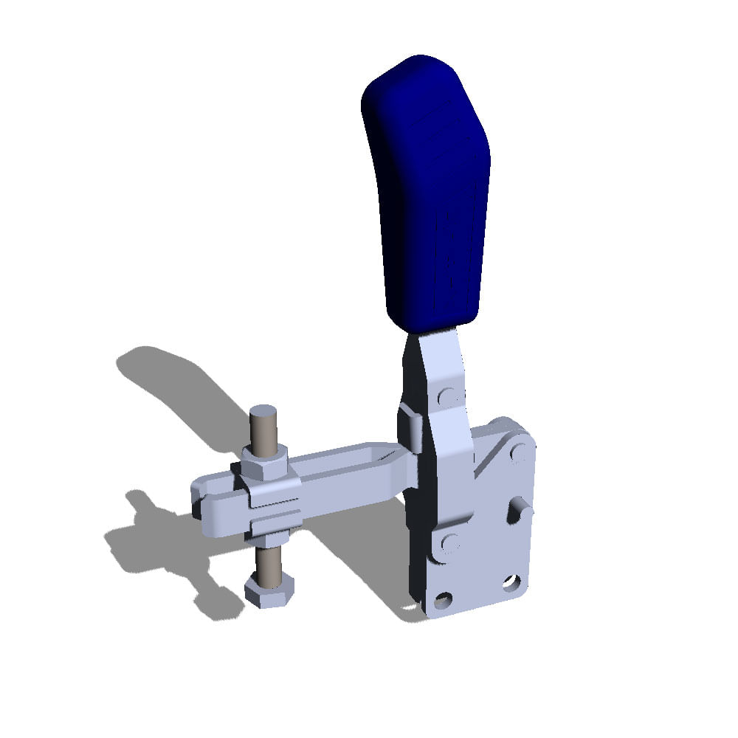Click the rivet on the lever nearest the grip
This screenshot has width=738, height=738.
[446, 396]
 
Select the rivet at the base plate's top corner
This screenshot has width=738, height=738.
[519, 451]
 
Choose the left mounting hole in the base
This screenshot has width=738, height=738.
[444, 599]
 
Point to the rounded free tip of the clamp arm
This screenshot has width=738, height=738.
[203, 502]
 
